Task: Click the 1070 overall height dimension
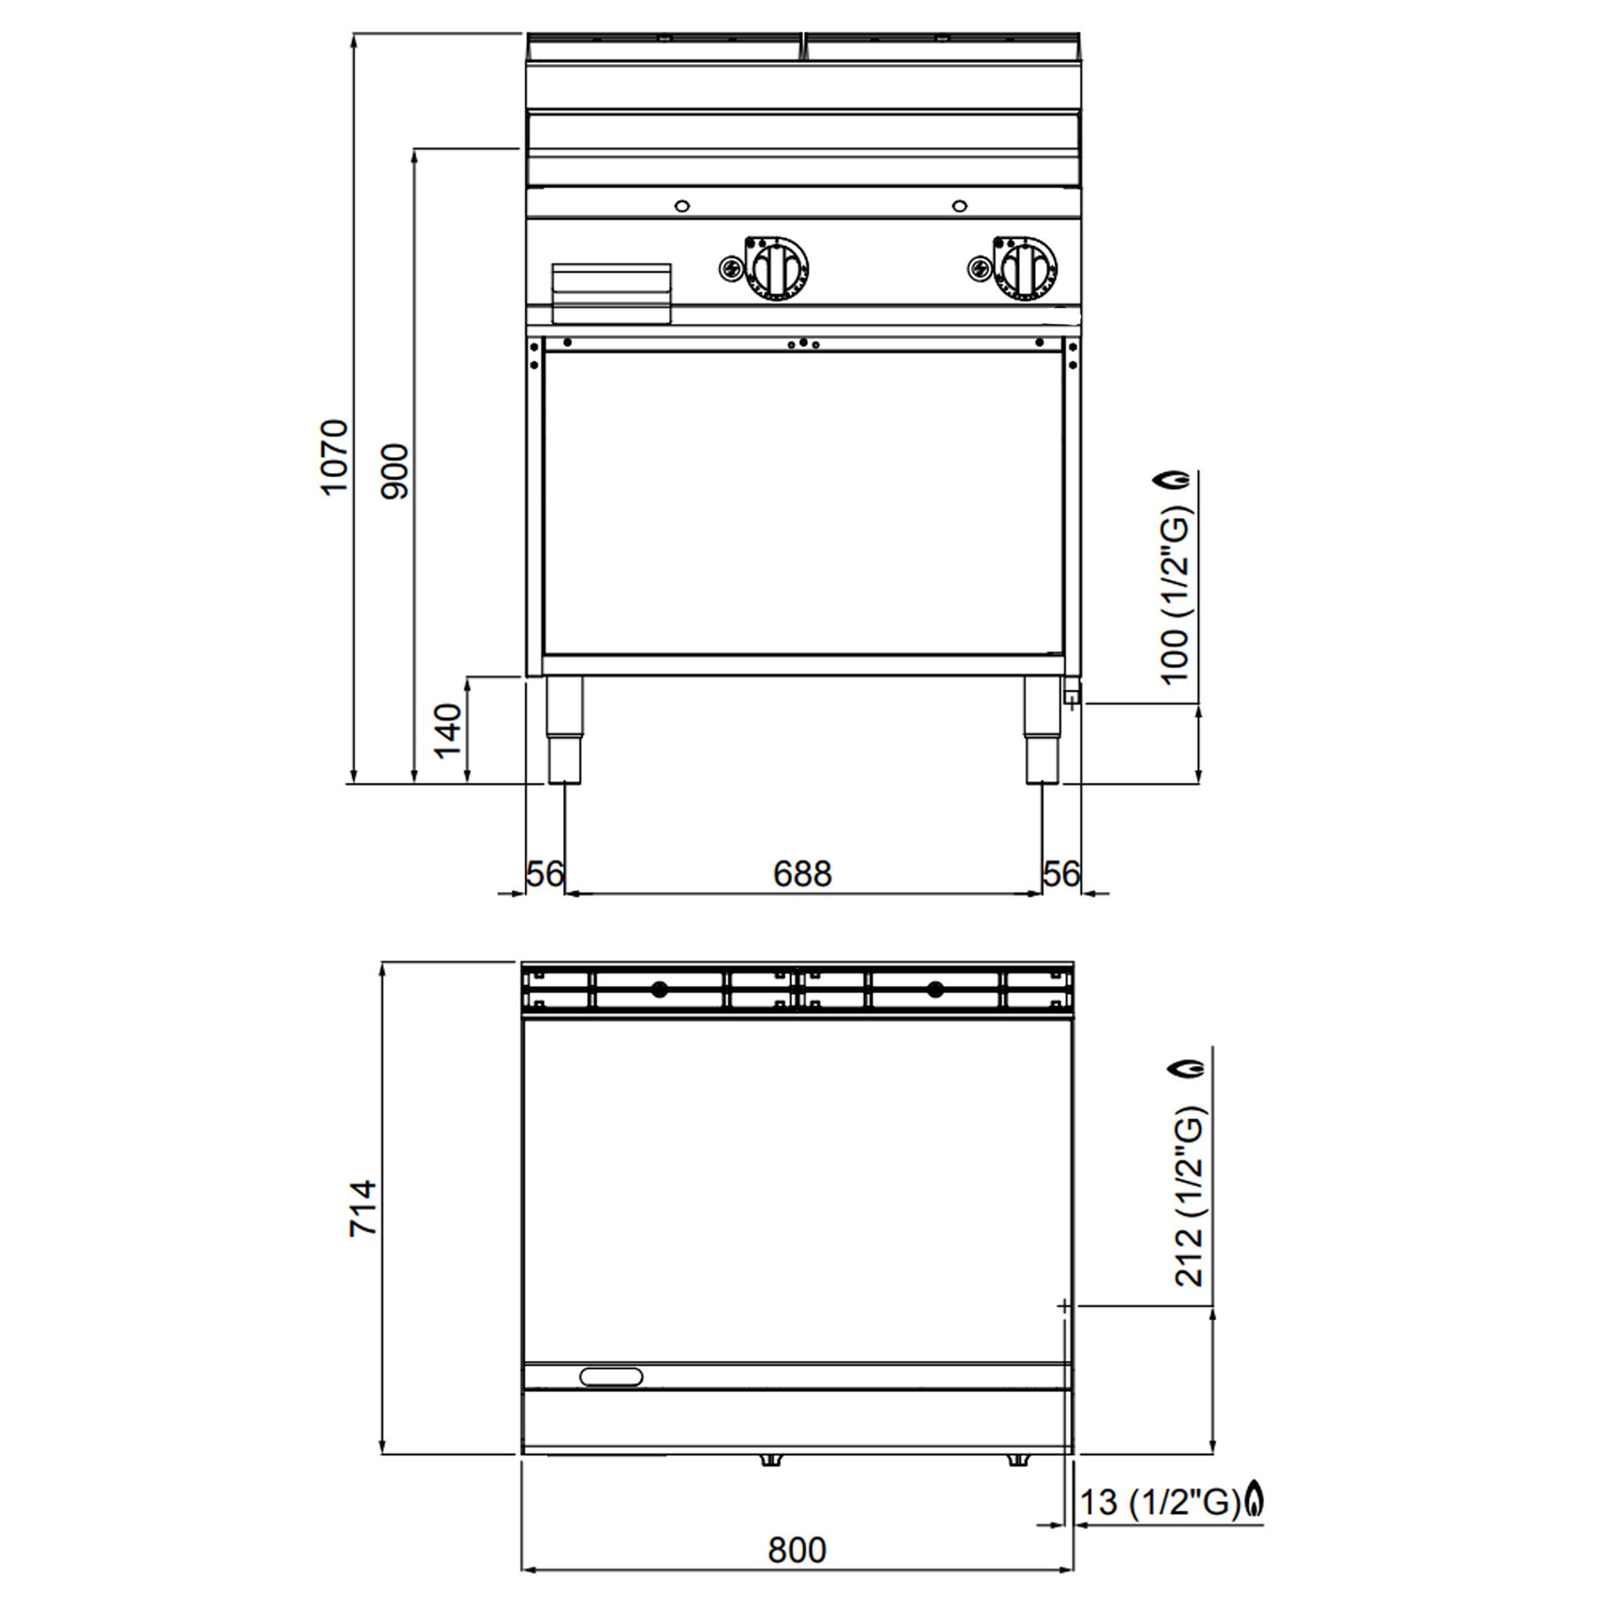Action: point(333,458)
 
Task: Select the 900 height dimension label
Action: point(395,471)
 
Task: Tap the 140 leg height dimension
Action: point(448,730)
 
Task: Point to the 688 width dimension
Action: point(802,874)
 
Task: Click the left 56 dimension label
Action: point(545,874)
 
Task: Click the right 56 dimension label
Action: point(1061,874)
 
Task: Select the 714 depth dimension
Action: point(363,1208)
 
